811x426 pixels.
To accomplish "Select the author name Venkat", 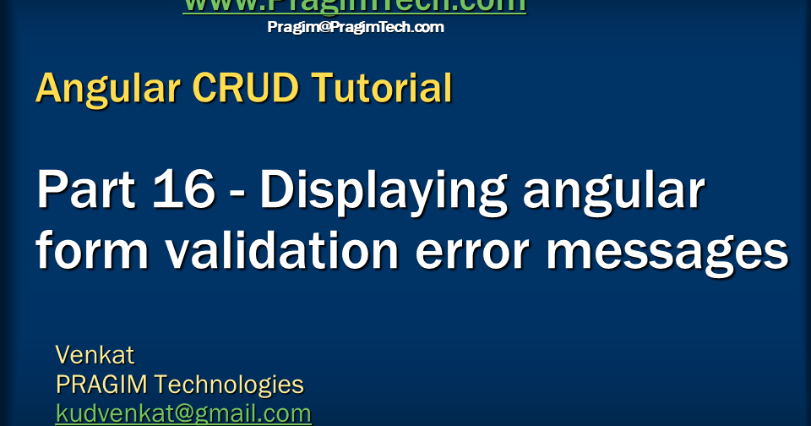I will tap(95, 354).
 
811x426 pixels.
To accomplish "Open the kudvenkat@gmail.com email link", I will tap(183, 414).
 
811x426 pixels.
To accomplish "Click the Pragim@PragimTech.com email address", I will tap(355, 27).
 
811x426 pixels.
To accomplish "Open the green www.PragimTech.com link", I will tap(355, 6).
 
